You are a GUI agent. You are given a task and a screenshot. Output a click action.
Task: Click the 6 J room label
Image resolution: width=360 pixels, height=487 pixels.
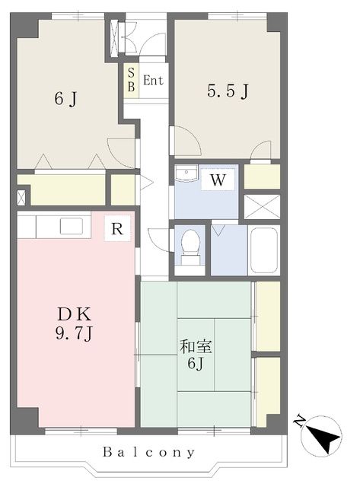65,100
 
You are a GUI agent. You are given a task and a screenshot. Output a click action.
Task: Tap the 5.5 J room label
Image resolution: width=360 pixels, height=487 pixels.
228,91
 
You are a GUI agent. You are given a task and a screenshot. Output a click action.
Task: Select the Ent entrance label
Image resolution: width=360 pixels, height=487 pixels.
153,81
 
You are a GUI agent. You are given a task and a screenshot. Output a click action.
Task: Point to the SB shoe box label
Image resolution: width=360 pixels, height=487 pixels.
131,80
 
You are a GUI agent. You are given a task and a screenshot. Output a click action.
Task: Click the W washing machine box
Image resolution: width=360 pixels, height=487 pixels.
218,180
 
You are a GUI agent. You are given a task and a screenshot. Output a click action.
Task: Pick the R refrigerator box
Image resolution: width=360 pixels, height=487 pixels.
117,228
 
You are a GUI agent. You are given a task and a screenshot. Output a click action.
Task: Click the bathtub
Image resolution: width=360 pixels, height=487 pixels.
263,250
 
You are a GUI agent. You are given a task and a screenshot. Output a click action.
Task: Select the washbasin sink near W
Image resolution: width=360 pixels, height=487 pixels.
186,173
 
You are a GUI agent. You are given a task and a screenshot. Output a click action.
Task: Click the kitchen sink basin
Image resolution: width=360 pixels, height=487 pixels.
72,226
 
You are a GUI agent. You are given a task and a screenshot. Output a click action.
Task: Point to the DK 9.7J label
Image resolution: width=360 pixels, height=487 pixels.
74,324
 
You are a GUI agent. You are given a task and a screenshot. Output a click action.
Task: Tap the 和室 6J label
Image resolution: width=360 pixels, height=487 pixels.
196,355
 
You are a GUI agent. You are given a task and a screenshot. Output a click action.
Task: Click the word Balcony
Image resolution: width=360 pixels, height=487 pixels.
149,452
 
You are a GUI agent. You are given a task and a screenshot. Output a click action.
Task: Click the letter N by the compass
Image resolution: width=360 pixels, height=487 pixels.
299,421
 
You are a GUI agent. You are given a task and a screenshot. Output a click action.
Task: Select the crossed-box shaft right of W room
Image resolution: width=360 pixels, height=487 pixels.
262,206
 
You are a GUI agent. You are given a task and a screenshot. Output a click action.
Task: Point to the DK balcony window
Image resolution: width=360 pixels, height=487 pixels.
81,431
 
